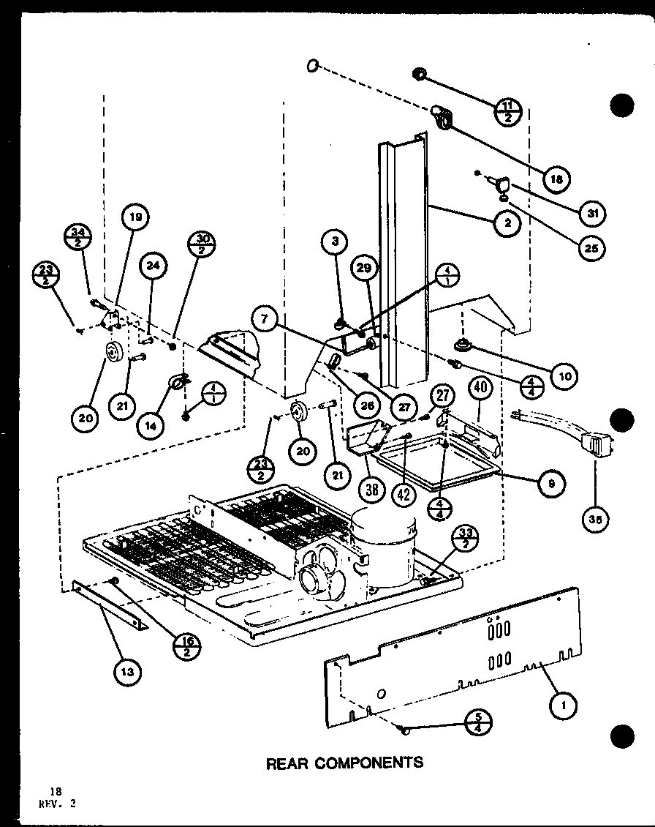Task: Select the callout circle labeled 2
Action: (x=507, y=224)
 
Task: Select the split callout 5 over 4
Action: (x=481, y=722)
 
